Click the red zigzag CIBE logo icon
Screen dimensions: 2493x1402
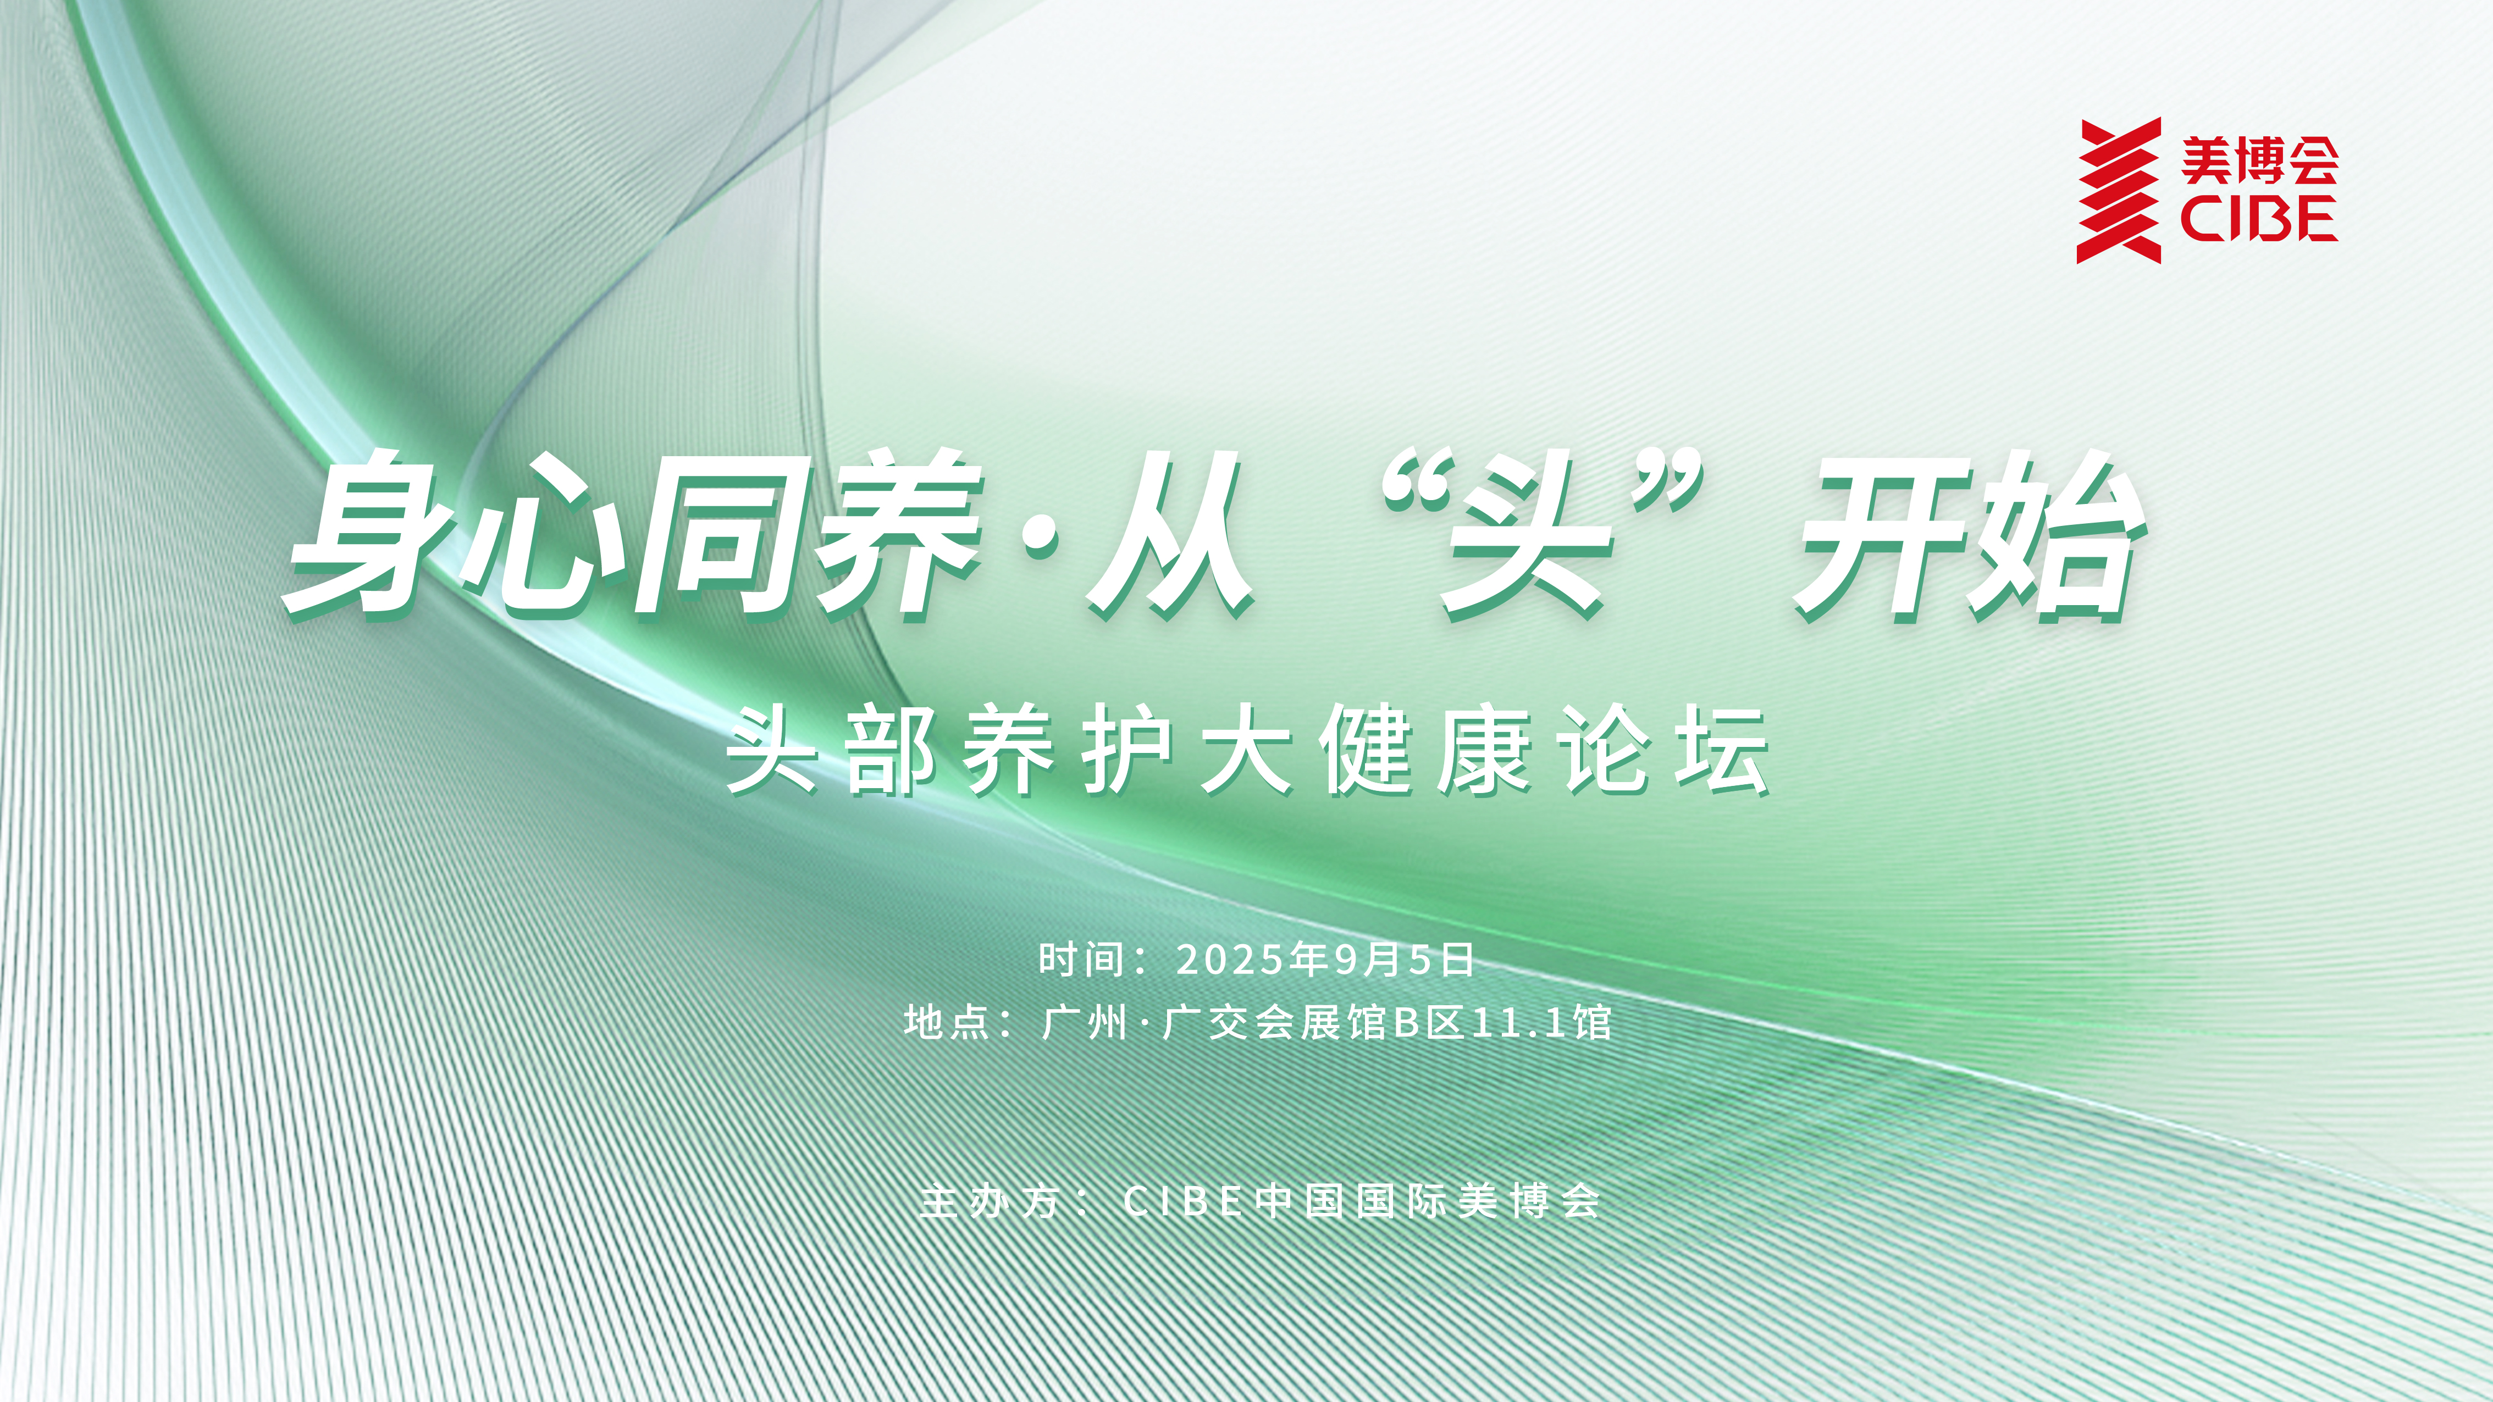[2119, 191]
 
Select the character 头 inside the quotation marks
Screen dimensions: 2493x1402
[1524, 542]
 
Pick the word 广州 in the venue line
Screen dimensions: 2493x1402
[1085, 1023]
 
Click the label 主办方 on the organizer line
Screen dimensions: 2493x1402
[989, 1202]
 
